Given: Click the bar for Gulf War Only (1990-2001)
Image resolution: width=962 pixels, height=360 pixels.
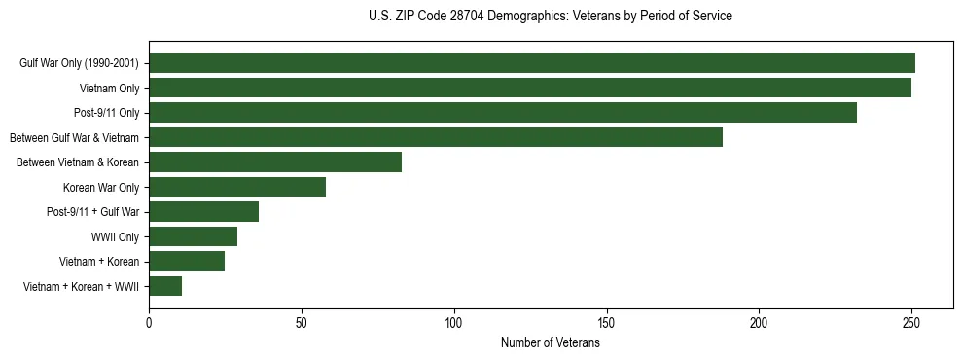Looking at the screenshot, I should [532, 63].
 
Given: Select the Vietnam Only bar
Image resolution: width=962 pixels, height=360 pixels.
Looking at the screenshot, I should [530, 88].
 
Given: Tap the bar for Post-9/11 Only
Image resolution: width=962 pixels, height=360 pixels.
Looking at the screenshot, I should [503, 113].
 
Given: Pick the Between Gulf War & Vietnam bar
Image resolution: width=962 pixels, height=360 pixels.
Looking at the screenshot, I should [436, 137].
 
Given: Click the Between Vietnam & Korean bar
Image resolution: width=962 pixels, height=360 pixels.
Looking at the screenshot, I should [275, 162].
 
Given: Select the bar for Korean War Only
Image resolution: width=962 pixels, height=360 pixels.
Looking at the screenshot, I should [237, 187].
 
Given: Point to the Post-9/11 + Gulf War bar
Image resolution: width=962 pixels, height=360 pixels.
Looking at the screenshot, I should [203, 212].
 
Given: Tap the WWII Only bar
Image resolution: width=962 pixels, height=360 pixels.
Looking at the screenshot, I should [193, 236].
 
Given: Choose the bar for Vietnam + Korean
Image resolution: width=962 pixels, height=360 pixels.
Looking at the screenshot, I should [187, 262].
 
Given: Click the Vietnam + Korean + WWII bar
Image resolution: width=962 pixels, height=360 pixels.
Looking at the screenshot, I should [165, 286].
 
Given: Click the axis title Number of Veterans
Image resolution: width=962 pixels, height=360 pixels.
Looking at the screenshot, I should [550, 342].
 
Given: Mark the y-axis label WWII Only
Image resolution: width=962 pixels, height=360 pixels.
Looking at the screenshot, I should [115, 236].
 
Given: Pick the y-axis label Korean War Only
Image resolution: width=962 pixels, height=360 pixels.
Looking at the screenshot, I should [100, 187].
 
